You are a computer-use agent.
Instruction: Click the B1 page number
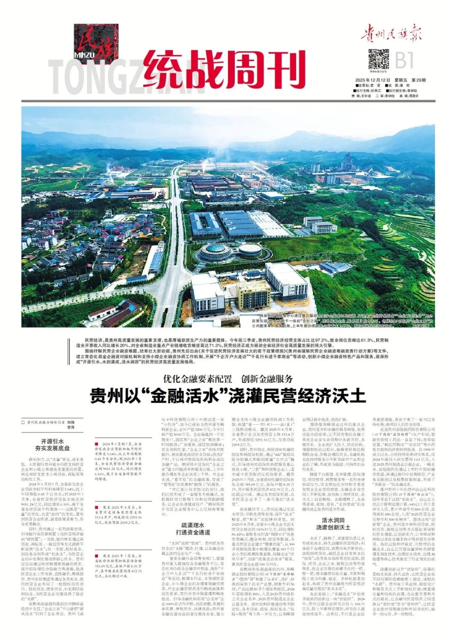(404, 60)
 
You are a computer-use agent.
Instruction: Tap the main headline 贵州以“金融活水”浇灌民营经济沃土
(228, 396)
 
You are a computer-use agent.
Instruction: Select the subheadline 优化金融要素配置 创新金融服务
(228, 379)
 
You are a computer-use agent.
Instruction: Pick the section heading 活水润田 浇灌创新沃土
(333, 524)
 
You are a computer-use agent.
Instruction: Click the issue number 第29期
(418, 80)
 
